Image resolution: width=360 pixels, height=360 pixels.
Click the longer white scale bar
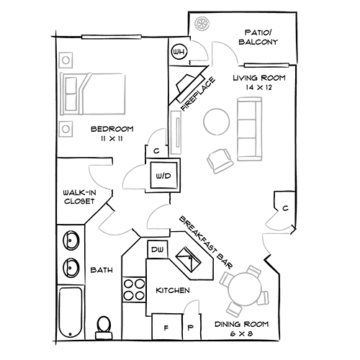point(112,36)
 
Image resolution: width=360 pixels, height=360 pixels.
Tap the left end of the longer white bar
point(84,36)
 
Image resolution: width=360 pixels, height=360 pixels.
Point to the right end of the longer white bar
point(140,36)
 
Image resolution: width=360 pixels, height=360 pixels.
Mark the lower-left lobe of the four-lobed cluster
point(108,229)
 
